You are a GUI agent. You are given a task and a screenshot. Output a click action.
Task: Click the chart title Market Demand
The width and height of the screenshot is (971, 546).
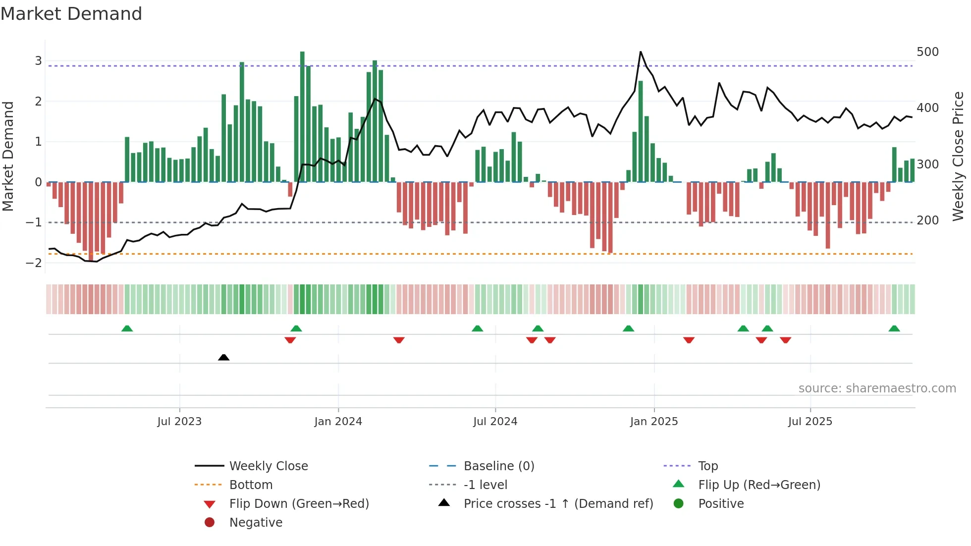click(71, 14)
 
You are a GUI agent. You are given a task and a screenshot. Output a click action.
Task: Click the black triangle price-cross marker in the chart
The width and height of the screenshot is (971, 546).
click(223, 357)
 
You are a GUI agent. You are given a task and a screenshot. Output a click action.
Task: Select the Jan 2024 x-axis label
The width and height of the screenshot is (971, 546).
click(338, 422)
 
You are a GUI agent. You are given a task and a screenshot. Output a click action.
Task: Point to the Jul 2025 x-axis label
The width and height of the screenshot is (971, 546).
click(810, 422)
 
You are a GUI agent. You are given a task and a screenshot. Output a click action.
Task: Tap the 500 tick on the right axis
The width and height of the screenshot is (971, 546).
click(927, 52)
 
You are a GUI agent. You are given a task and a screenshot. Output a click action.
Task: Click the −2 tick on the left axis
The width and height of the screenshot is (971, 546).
click(34, 263)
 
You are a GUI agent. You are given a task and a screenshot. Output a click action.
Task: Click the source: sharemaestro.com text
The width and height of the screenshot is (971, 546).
click(877, 388)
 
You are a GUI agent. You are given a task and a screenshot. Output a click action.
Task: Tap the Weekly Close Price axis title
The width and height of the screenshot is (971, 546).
click(958, 156)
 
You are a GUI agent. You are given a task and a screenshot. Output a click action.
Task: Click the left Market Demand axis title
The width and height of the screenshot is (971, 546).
click(8, 156)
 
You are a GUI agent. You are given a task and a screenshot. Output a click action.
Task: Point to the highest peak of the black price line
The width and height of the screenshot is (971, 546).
click(641, 52)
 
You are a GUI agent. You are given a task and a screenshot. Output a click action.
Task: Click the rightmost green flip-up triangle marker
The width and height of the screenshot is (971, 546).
click(894, 328)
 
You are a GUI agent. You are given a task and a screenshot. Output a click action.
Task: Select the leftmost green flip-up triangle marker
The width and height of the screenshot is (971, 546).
click(127, 328)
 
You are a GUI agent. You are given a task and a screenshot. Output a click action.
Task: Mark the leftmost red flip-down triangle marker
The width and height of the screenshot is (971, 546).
click(290, 340)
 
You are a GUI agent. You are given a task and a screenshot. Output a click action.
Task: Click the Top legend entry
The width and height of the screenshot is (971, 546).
click(707, 466)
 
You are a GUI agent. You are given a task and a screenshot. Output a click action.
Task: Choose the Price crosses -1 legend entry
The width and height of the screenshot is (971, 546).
click(558, 504)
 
